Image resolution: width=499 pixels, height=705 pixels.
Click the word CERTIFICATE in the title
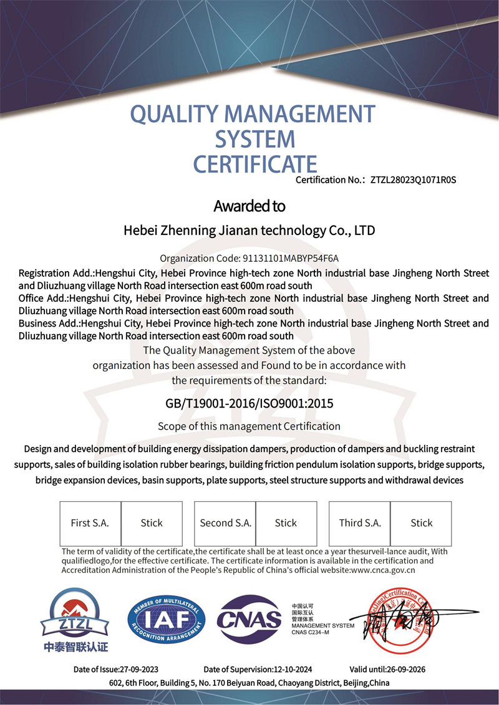[255, 163]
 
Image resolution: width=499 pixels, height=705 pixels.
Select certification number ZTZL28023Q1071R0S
[414, 181]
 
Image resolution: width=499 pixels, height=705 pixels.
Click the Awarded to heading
[249, 206]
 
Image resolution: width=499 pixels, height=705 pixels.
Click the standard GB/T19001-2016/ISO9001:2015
[249, 403]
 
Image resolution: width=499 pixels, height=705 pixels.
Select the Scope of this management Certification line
[249, 426]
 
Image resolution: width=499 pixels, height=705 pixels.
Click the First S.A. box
[90, 523]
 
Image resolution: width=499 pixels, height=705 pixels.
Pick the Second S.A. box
[225, 523]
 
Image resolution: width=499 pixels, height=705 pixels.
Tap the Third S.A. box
[360, 523]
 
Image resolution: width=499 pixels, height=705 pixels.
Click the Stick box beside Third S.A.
[422, 523]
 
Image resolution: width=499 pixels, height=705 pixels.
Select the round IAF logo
[167, 618]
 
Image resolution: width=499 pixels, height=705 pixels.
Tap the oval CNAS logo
[249, 620]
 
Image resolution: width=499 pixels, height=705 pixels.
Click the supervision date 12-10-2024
[293, 669]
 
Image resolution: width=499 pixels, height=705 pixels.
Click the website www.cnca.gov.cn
[383, 569]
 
